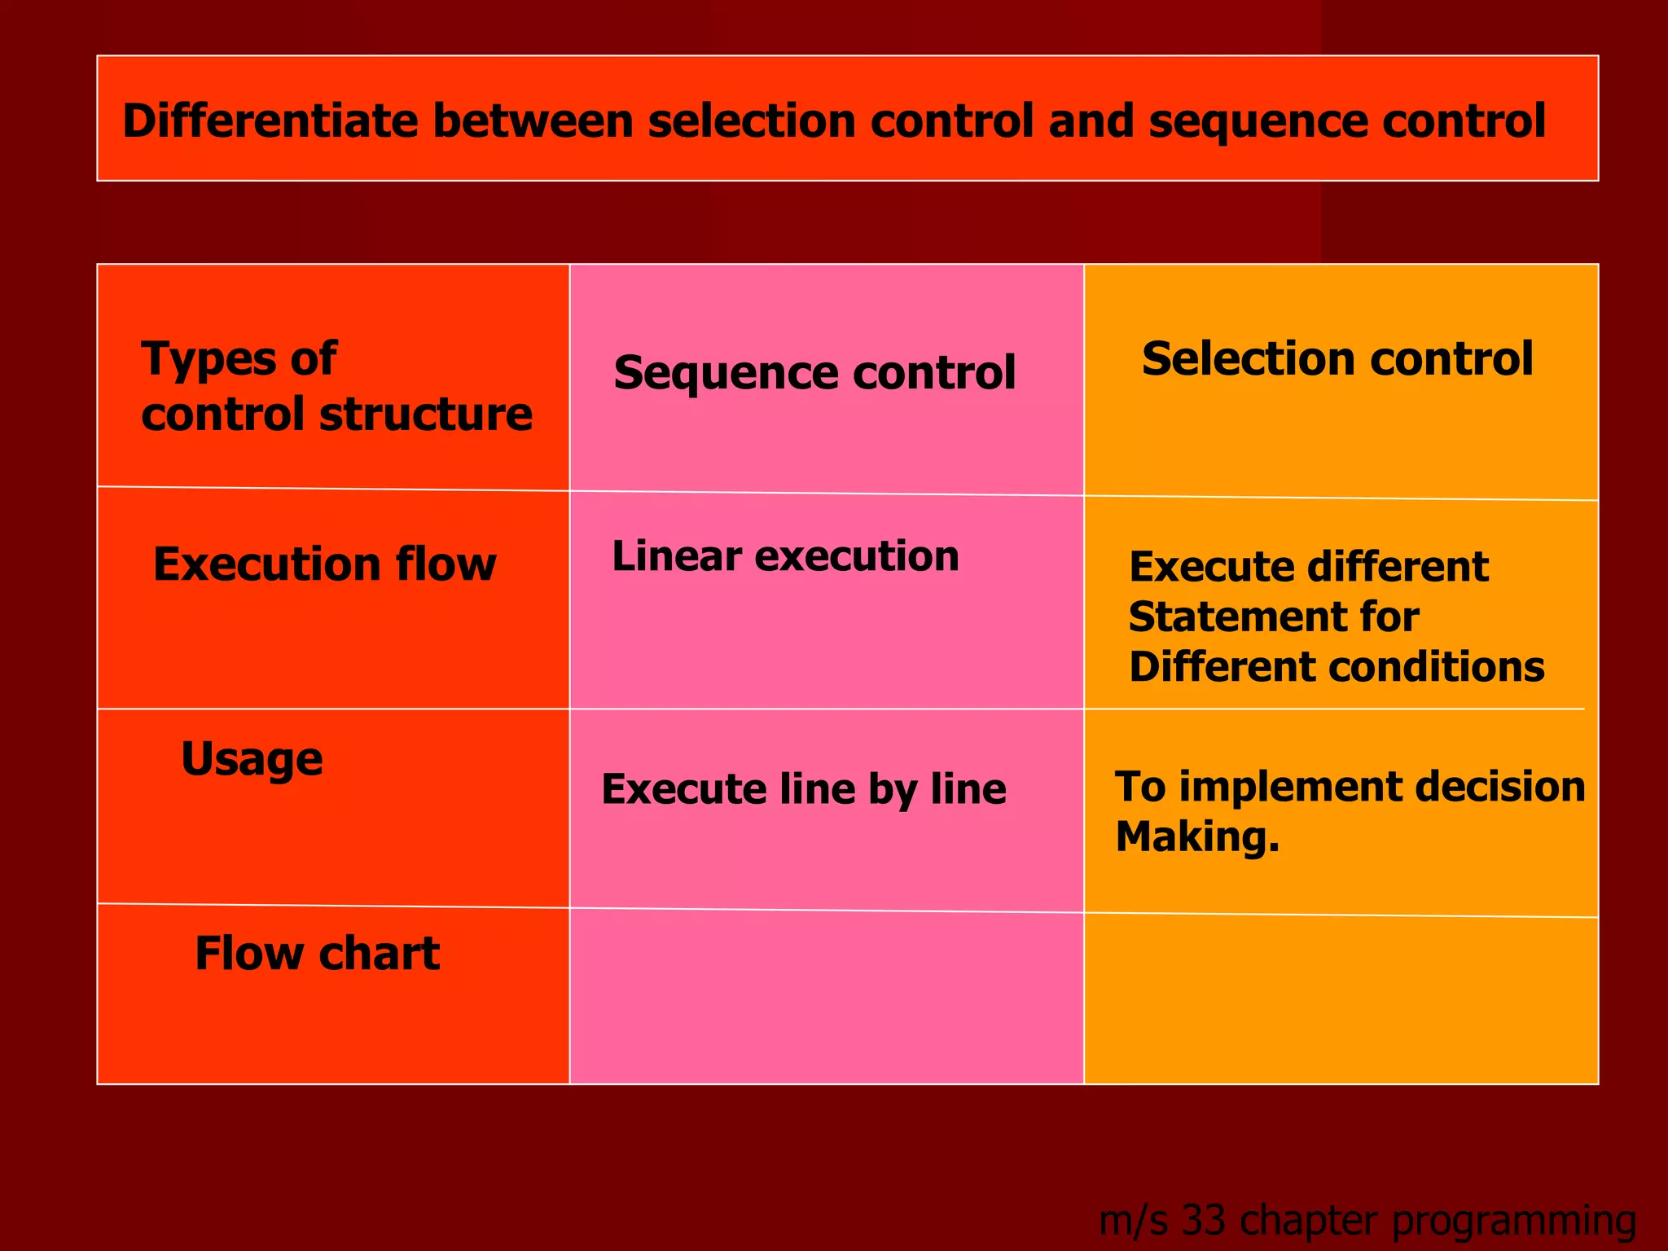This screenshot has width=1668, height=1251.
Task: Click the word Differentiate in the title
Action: point(270,121)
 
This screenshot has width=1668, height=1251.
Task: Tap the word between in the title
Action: point(533,121)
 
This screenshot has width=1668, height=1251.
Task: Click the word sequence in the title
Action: point(1258,121)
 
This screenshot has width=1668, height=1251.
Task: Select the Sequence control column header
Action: point(814,373)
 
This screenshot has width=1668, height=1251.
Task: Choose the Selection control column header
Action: point(1337,358)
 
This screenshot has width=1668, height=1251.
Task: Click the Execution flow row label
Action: point(324,564)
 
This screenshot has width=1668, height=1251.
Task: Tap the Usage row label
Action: point(252,759)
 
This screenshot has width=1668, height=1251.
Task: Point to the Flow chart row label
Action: point(317,953)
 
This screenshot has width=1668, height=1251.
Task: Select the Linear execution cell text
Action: point(785,556)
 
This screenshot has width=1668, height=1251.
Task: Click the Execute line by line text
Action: point(804,789)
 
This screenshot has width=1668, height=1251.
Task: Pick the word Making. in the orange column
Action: point(1197,836)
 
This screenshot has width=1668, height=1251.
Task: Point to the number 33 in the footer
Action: point(1203,1220)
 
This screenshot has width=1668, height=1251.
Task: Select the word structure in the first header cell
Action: point(425,414)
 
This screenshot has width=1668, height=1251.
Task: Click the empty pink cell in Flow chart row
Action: point(826,997)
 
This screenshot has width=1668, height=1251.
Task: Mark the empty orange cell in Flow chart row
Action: point(1341,999)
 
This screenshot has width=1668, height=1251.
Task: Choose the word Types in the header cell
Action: point(195,358)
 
